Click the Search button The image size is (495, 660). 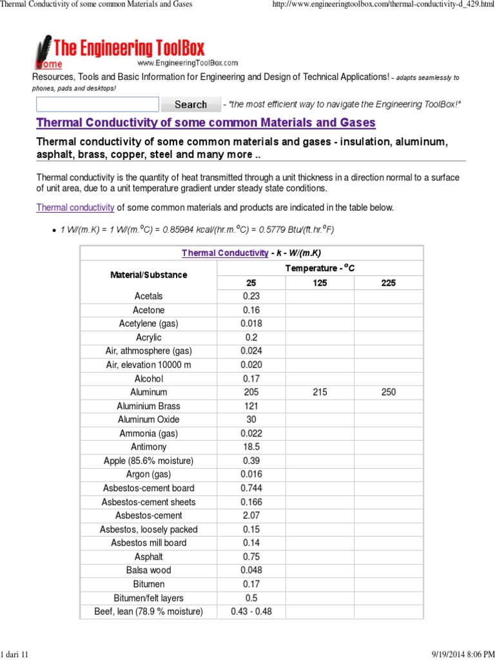[190, 104]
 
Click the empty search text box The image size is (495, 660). [97, 104]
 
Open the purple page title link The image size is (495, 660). [206, 122]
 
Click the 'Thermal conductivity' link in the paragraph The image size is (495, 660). [75, 208]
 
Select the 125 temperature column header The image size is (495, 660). [320, 282]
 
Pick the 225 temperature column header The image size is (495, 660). [388, 282]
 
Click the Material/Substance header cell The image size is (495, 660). [149, 275]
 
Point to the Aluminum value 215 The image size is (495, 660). [320, 392]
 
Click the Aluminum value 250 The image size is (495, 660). [388, 392]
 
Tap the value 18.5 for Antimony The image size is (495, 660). [251, 447]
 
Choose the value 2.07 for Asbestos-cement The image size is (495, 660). [251, 516]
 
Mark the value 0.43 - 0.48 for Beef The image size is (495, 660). [251, 611]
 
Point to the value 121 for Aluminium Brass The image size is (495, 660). [251, 406]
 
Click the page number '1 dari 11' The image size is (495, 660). [15, 654]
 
